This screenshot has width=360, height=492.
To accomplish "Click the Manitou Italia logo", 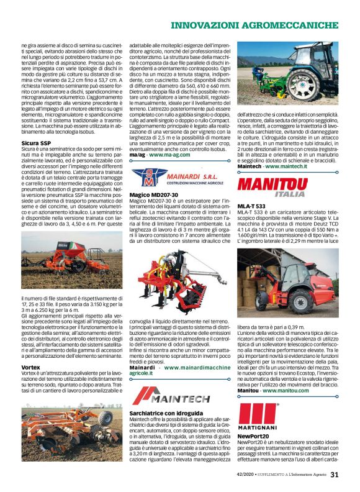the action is pos(271,187).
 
